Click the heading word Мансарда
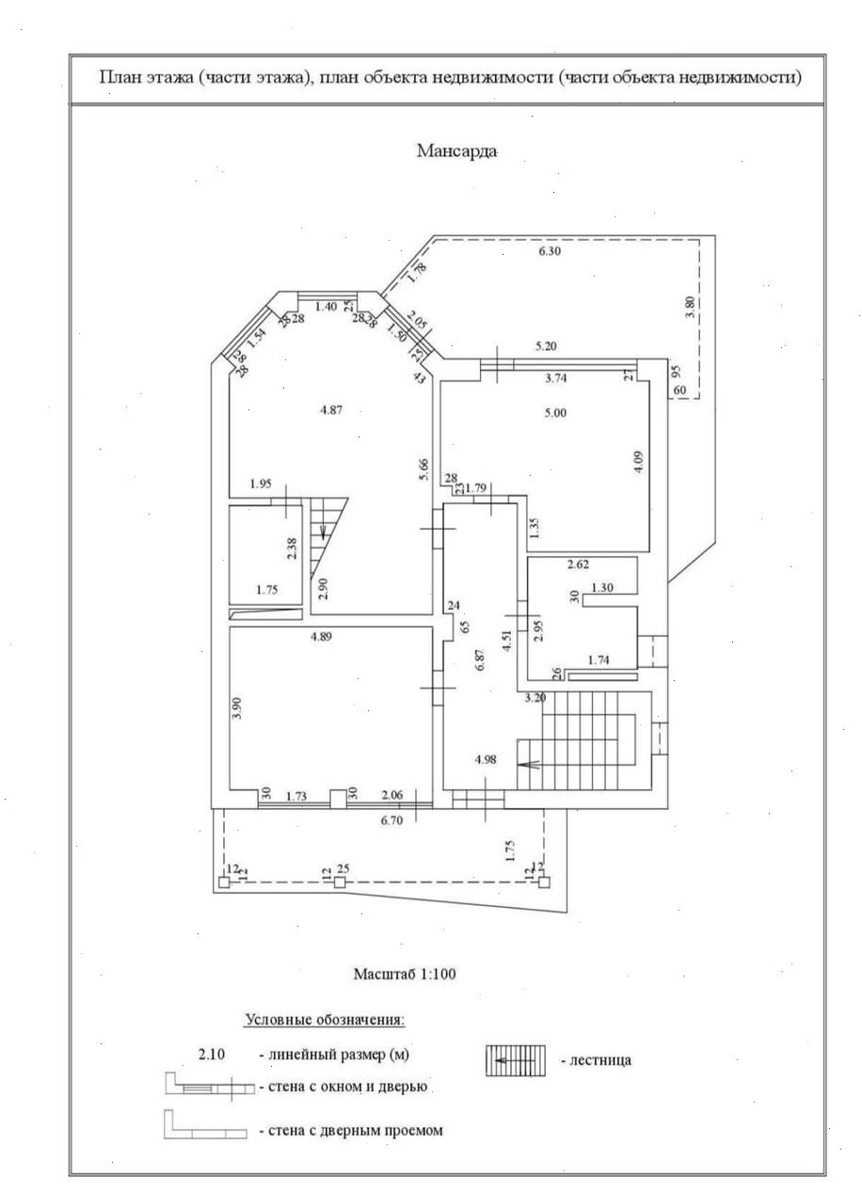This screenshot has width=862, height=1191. pos(456,151)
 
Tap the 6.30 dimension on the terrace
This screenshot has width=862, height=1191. pos(550,251)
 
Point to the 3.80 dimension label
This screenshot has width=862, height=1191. pos(690,310)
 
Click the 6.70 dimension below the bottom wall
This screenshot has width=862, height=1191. pos(391,820)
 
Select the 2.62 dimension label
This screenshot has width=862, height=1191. pos(578,565)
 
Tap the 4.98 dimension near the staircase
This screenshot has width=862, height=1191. pos(486,759)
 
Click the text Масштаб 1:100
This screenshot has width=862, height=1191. pos(405,974)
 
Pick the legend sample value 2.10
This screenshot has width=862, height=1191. pos(212,1055)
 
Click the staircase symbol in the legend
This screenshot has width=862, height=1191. pos(516,1060)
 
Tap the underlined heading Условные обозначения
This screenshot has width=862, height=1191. pos(325,1019)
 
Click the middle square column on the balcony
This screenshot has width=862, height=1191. pos(340,883)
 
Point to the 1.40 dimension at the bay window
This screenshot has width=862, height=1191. pos(326,307)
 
